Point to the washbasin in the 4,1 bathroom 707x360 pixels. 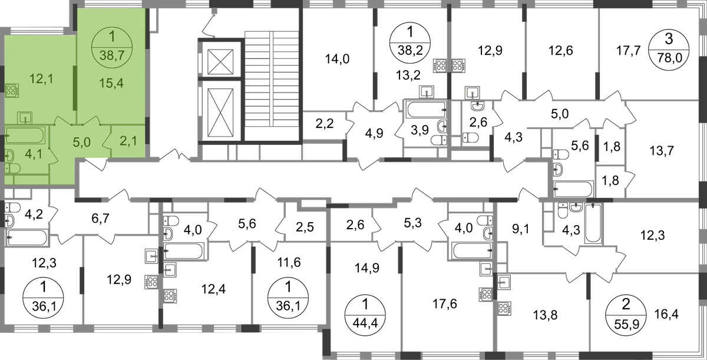[x=9, y=156]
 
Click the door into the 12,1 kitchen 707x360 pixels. [x=62, y=121]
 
